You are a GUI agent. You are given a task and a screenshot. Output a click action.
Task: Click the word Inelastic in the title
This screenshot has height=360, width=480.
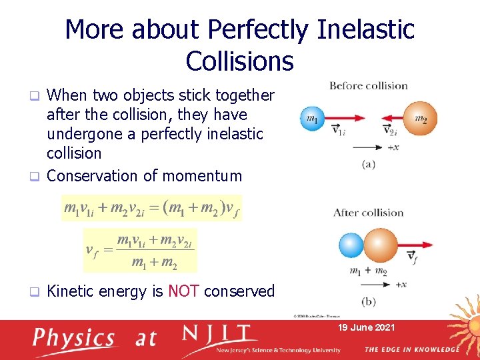click(x=366, y=29)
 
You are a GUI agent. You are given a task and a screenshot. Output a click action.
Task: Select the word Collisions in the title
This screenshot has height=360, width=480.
click(x=239, y=61)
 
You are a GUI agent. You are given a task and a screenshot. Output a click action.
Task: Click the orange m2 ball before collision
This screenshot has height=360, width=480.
click(x=419, y=118)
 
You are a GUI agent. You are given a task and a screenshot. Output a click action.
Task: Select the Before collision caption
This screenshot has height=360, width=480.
click(x=369, y=85)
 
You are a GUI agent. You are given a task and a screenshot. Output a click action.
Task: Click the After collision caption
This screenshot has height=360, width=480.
click(x=368, y=213)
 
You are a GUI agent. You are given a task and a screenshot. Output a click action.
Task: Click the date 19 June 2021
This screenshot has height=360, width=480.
click(x=367, y=327)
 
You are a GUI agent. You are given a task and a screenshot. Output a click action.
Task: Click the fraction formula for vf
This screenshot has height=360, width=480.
click(x=140, y=250)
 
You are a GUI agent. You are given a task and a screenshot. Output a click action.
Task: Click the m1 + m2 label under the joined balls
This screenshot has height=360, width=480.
click(x=367, y=271)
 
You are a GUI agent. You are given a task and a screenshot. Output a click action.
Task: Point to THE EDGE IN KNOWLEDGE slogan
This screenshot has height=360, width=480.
click(x=411, y=350)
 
